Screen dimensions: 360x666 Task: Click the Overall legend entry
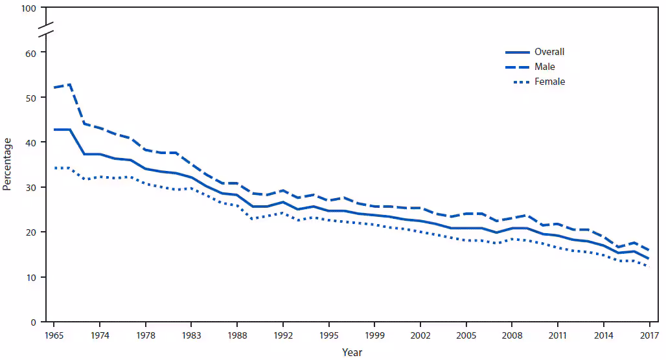(549, 52)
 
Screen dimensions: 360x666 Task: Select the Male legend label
(544, 67)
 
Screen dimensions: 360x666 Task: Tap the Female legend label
(549, 82)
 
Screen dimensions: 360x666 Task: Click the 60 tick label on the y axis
(30, 52)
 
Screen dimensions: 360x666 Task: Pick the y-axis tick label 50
(30, 98)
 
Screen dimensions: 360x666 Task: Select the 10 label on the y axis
(30, 278)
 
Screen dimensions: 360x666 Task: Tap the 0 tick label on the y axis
(33, 322)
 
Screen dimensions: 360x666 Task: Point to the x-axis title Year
(352, 353)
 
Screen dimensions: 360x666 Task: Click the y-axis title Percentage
(7, 164)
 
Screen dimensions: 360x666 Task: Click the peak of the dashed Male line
(69, 84)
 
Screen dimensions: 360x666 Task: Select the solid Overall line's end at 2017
(649, 258)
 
